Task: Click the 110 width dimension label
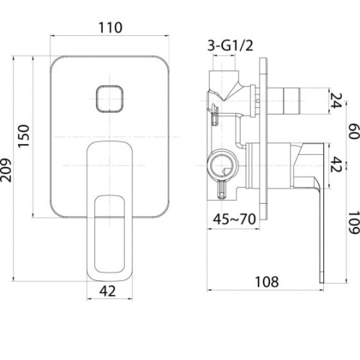coord(110,27)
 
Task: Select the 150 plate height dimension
coord(24,136)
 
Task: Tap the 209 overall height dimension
coord(5,170)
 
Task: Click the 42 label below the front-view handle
coord(107,291)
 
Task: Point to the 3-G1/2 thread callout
coord(230,45)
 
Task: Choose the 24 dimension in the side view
coord(336,100)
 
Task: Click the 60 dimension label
coord(354,131)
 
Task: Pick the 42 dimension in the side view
coord(336,164)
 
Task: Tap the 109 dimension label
coord(354,222)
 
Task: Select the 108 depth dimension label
coord(267,282)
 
